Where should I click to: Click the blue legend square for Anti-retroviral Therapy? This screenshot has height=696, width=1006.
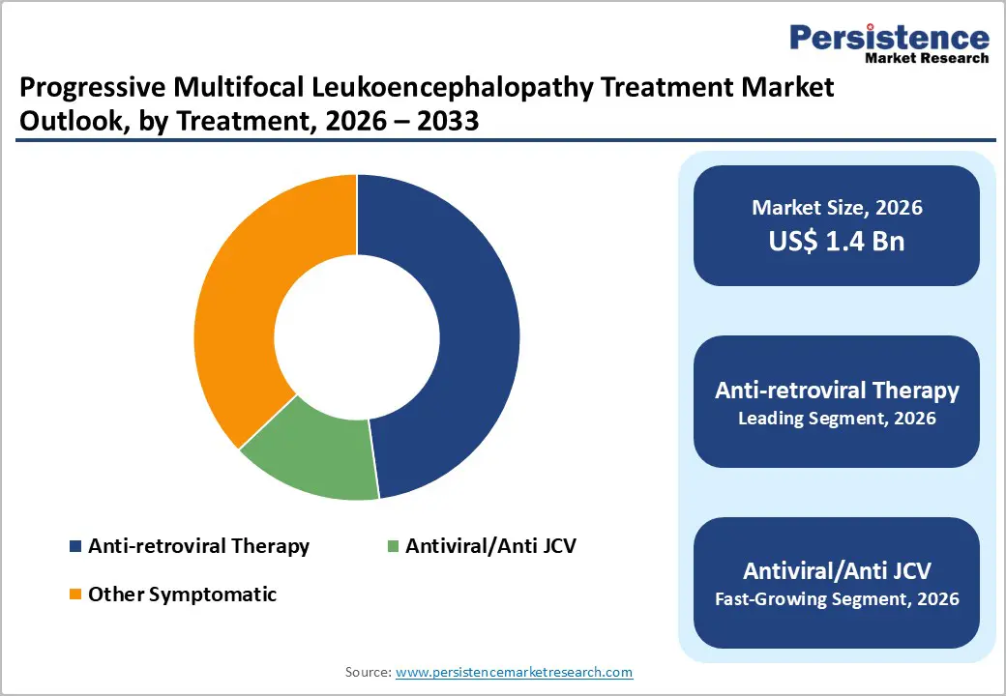(75, 546)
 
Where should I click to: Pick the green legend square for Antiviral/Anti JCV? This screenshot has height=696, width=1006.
(392, 546)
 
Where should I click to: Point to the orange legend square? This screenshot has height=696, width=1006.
(75, 594)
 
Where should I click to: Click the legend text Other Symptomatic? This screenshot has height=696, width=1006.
(182, 594)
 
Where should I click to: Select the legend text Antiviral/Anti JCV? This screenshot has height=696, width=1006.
(490, 546)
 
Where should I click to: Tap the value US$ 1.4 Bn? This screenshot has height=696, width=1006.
(837, 241)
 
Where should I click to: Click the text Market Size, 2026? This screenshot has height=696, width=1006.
(837, 208)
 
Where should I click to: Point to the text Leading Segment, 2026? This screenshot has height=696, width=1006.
(837, 419)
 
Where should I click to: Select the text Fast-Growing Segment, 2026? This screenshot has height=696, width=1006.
(837, 599)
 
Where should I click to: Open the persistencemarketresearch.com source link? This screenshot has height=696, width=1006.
(515, 672)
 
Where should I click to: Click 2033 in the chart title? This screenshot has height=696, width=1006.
(449, 124)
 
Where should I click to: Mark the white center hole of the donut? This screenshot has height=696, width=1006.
(356, 337)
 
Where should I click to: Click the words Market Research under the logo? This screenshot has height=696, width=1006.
(928, 58)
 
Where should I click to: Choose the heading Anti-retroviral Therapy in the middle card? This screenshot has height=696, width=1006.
(837, 391)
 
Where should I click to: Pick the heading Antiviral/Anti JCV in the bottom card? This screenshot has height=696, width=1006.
(837, 570)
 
